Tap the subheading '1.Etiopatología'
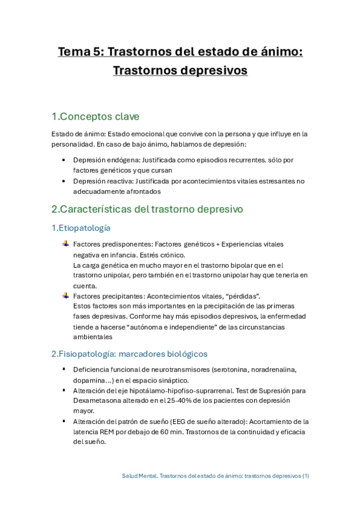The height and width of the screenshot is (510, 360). [81, 228]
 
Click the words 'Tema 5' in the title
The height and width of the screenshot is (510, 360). [80, 52]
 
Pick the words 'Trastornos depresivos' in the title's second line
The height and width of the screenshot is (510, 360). [180, 70]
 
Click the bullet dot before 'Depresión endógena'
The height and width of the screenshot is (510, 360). [65, 161]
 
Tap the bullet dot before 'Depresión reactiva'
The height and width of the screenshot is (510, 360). [65, 180]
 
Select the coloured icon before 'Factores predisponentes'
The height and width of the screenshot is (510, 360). [66, 244]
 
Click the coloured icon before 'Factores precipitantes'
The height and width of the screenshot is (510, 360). [66, 295]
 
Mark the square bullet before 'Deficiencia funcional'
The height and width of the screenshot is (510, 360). [65, 369]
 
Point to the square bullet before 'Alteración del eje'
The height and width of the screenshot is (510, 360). [65, 390]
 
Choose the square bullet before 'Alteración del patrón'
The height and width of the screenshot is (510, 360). [65, 420]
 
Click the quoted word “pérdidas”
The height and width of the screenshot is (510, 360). [242, 296]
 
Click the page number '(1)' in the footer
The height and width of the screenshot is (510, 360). [306, 475]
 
